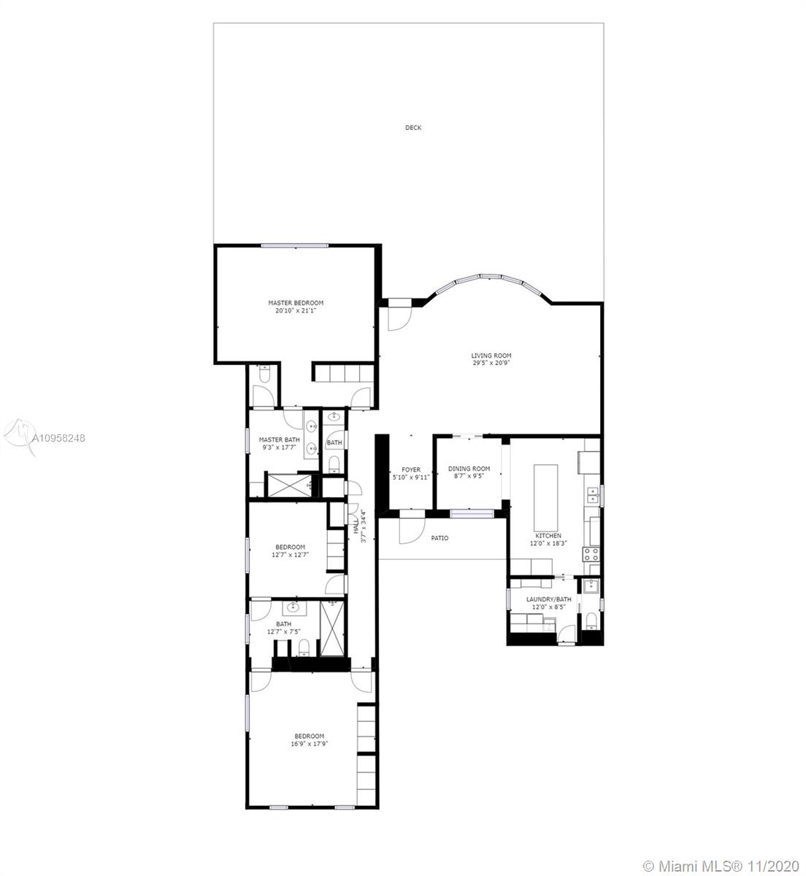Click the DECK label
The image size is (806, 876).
tap(413, 128)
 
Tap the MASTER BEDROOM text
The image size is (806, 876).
tap(296, 303)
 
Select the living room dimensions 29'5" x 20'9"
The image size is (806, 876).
tap(491, 363)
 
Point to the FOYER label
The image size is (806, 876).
tap(411, 469)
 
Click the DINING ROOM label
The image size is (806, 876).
tap(469, 468)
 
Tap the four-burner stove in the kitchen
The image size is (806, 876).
tap(591, 554)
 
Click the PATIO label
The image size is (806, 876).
tap(440, 538)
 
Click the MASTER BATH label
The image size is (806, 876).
tap(279, 439)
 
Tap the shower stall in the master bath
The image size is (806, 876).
tap(289, 485)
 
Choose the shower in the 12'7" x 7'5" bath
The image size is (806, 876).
tap(332, 629)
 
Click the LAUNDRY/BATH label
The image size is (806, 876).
tap(548, 599)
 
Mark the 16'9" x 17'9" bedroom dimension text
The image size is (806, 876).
tap(310, 744)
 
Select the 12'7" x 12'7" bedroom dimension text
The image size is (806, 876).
tap(290, 555)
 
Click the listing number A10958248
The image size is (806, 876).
tap(58, 437)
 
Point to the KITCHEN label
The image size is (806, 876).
tap(548, 535)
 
